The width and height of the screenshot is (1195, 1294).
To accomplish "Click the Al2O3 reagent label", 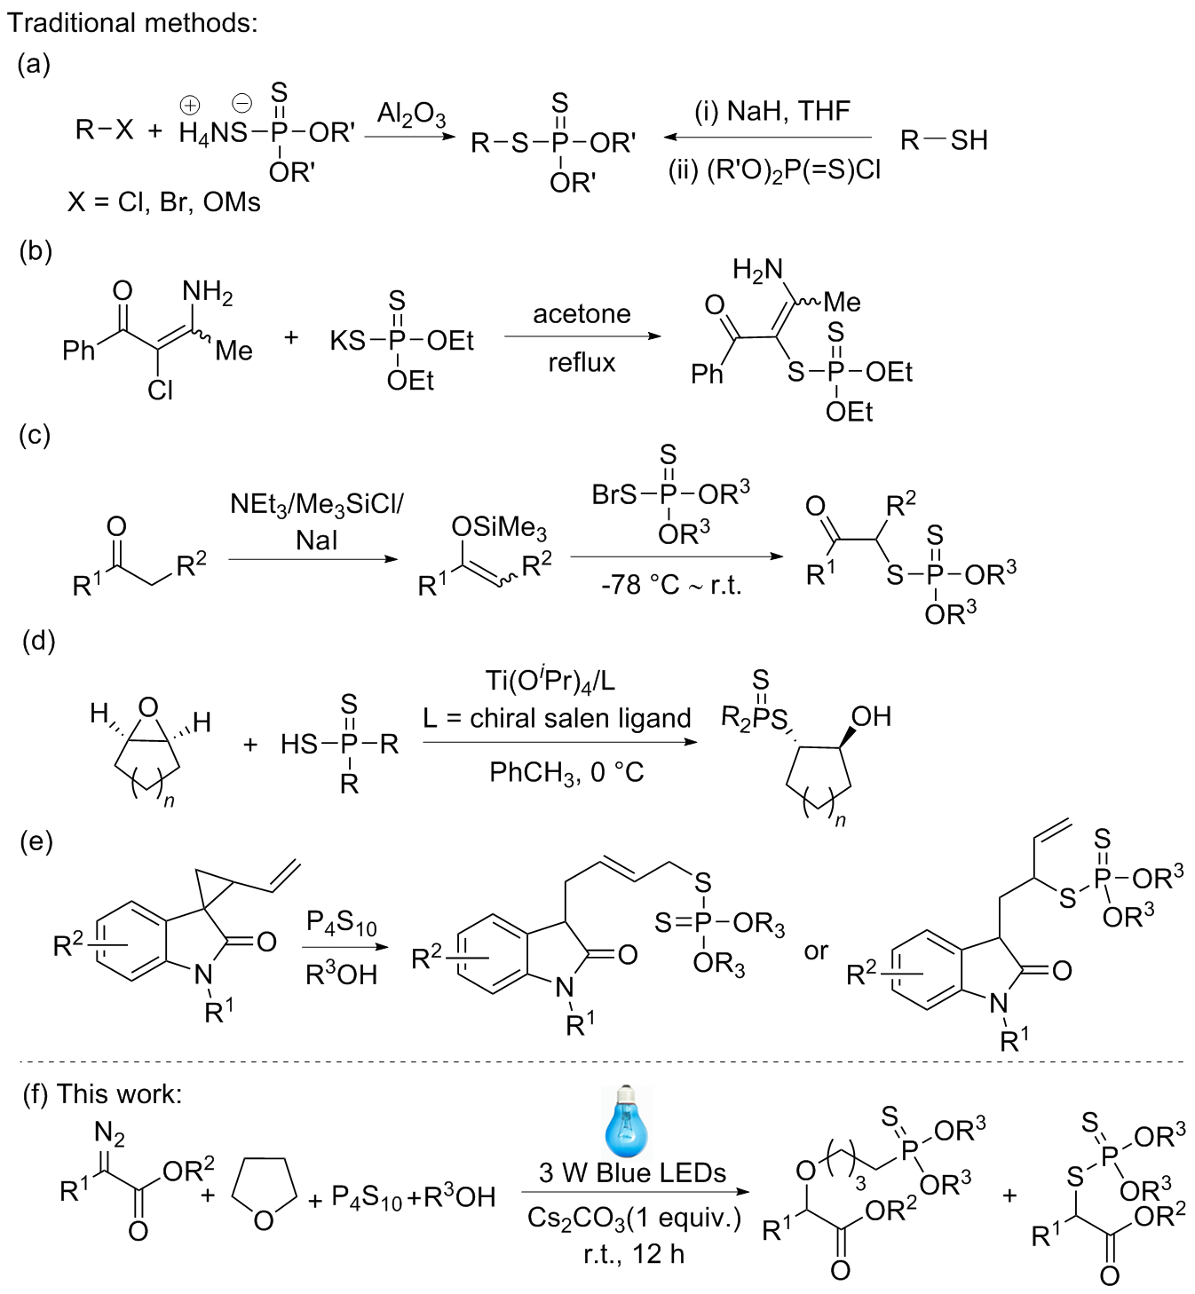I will [x=411, y=115].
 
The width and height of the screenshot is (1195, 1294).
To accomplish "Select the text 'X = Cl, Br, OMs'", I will [x=164, y=203].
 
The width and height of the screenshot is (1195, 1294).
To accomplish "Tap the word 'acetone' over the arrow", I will [x=582, y=314].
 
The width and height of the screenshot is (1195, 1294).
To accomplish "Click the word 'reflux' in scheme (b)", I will [x=582, y=362].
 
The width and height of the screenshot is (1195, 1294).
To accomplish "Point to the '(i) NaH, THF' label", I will [x=772, y=111].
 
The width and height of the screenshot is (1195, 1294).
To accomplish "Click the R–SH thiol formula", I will [x=943, y=140].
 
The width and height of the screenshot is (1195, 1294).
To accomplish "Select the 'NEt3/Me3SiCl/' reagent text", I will [x=317, y=504].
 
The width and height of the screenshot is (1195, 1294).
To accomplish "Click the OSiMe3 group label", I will [x=498, y=528].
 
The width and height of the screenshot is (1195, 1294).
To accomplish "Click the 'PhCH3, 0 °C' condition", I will [x=566, y=772].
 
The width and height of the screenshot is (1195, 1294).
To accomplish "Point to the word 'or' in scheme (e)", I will [x=816, y=951].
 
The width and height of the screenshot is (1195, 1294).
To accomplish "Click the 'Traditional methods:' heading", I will [x=133, y=22].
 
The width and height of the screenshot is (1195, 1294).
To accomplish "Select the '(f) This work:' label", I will [x=102, y=1093].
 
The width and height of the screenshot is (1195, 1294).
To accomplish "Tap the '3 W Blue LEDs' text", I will [x=632, y=1173].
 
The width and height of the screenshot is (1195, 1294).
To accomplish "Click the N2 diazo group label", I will [x=110, y=1135].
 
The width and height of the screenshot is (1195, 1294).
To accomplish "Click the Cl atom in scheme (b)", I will [x=161, y=390].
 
